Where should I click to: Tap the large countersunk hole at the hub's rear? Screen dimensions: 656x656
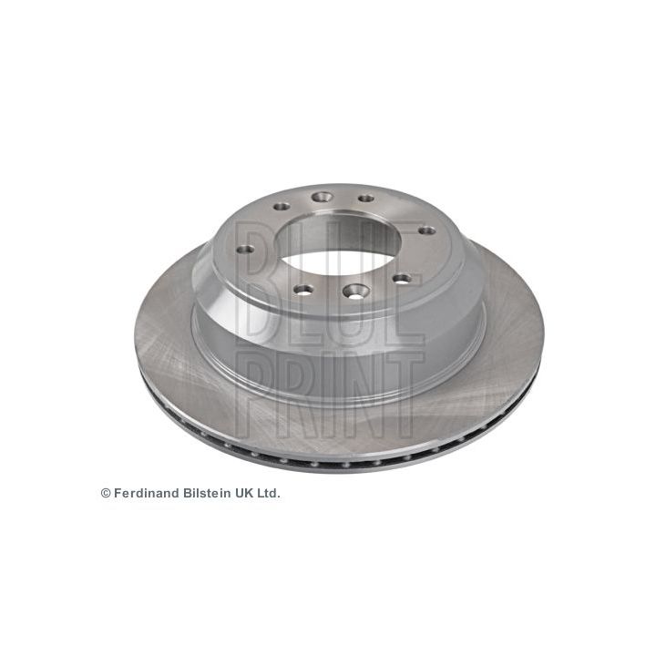pyautogui.click(x=321, y=196)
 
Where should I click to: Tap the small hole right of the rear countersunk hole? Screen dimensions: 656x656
pyautogui.click(x=365, y=198)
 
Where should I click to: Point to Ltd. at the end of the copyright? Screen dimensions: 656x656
pyautogui.click(x=269, y=492)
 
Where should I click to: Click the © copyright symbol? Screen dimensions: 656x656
pyautogui.click(x=106, y=492)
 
